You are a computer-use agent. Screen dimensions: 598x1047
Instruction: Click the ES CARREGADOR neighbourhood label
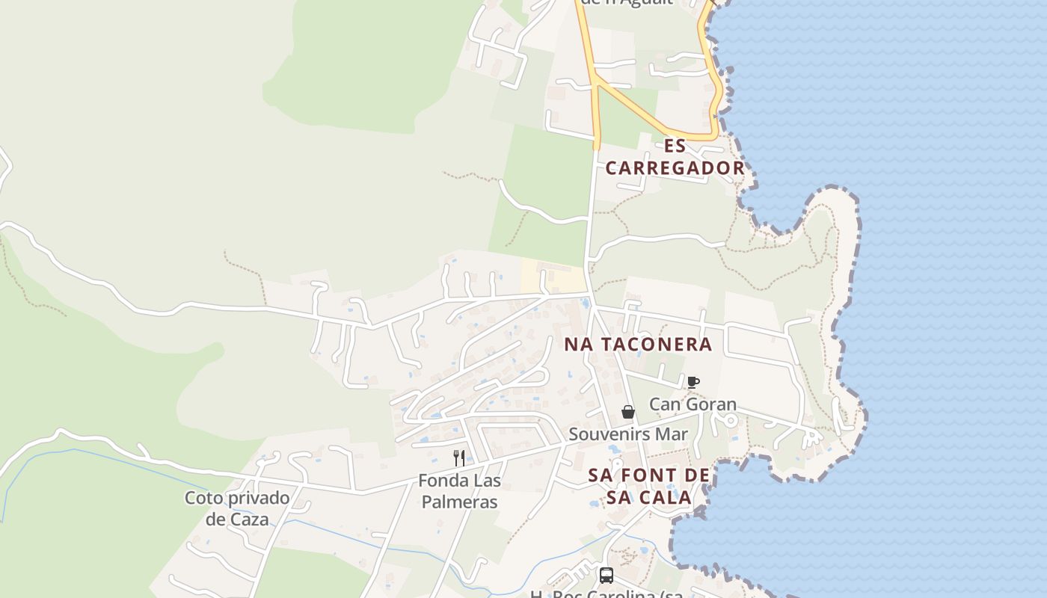[x=675, y=157]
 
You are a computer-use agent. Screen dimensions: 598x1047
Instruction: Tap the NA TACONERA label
[x=638, y=345]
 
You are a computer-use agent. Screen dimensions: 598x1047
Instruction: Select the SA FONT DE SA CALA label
[x=648, y=486]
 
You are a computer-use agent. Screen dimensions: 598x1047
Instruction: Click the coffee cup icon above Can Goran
[x=693, y=382]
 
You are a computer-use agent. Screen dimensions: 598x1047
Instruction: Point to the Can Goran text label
[x=693, y=404]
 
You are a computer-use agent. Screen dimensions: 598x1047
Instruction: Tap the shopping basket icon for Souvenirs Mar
[x=628, y=412]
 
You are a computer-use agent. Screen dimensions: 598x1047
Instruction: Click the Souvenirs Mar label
[x=628, y=434]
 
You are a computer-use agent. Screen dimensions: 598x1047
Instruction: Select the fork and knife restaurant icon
[x=459, y=458]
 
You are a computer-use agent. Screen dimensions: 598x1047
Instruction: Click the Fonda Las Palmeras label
[x=459, y=491]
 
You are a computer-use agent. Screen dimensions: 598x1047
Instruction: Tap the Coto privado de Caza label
[x=237, y=508]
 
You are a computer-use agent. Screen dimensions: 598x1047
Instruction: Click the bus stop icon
[x=607, y=576]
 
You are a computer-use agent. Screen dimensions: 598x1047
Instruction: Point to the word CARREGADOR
[x=675, y=168]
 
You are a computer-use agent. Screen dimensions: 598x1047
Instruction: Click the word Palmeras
[x=459, y=502]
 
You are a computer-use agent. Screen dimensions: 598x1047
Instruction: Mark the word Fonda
[x=441, y=481]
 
